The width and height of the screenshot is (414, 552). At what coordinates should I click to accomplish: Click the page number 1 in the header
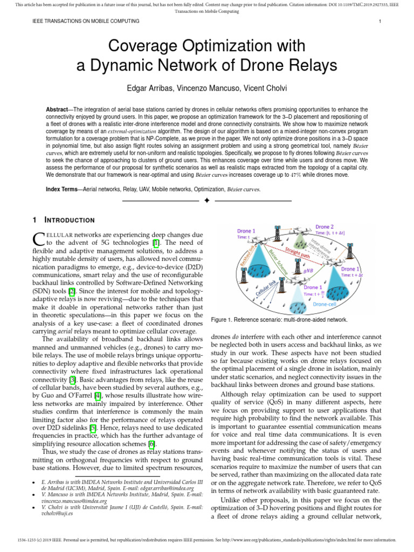(380, 21)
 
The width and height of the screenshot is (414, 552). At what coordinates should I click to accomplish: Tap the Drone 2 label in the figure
(324, 227)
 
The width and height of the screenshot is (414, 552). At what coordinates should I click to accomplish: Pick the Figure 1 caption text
(279, 320)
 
